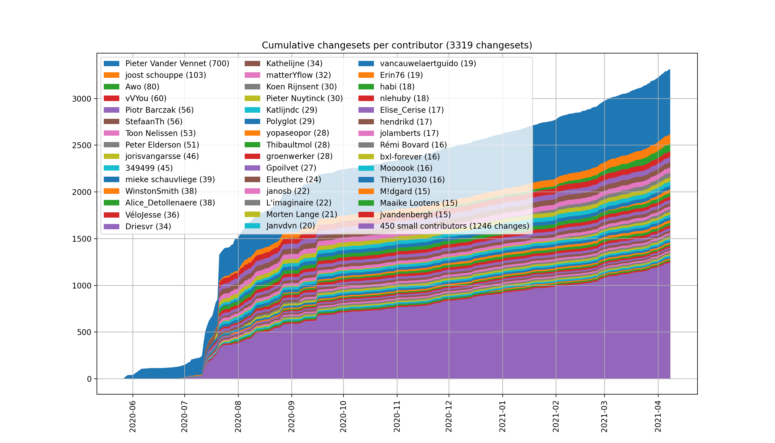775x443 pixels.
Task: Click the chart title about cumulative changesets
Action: pos(397,45)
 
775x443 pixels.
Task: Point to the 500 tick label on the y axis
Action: pos(84,332)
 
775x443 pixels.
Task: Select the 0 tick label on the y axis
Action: pos(89,379)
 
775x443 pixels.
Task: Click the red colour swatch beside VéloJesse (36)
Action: pos(111,215)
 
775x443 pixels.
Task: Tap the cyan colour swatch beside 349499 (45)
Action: pos(111,168)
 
